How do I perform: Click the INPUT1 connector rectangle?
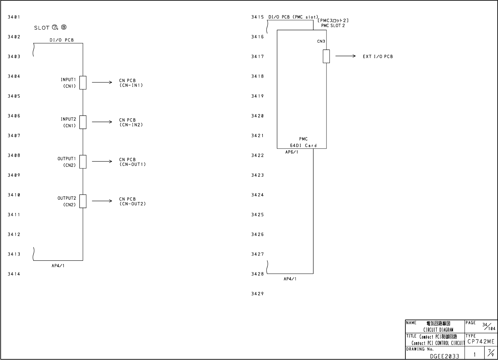[83, 83]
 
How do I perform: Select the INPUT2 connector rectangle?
[83, 122]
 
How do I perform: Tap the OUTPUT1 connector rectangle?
[83, 161]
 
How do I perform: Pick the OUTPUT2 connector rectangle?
[83, 201]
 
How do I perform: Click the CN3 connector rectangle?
[326, 56]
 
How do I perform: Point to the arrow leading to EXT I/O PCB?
[345, 56]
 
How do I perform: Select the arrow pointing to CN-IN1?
[102, 83]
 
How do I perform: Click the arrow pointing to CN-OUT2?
[102, 201]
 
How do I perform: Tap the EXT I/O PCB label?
[377, 57]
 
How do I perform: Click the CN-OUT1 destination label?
[132, 162]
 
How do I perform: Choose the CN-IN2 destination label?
[131, 123]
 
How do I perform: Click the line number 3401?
[14, 17]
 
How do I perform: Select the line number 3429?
[258, 294]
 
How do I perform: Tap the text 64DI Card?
[303, 145]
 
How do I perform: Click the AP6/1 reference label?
[292, 152]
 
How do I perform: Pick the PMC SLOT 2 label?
[333, 26]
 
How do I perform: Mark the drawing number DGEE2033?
[444, 356]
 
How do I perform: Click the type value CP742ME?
[481, 342]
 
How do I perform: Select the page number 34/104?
[489, 326]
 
